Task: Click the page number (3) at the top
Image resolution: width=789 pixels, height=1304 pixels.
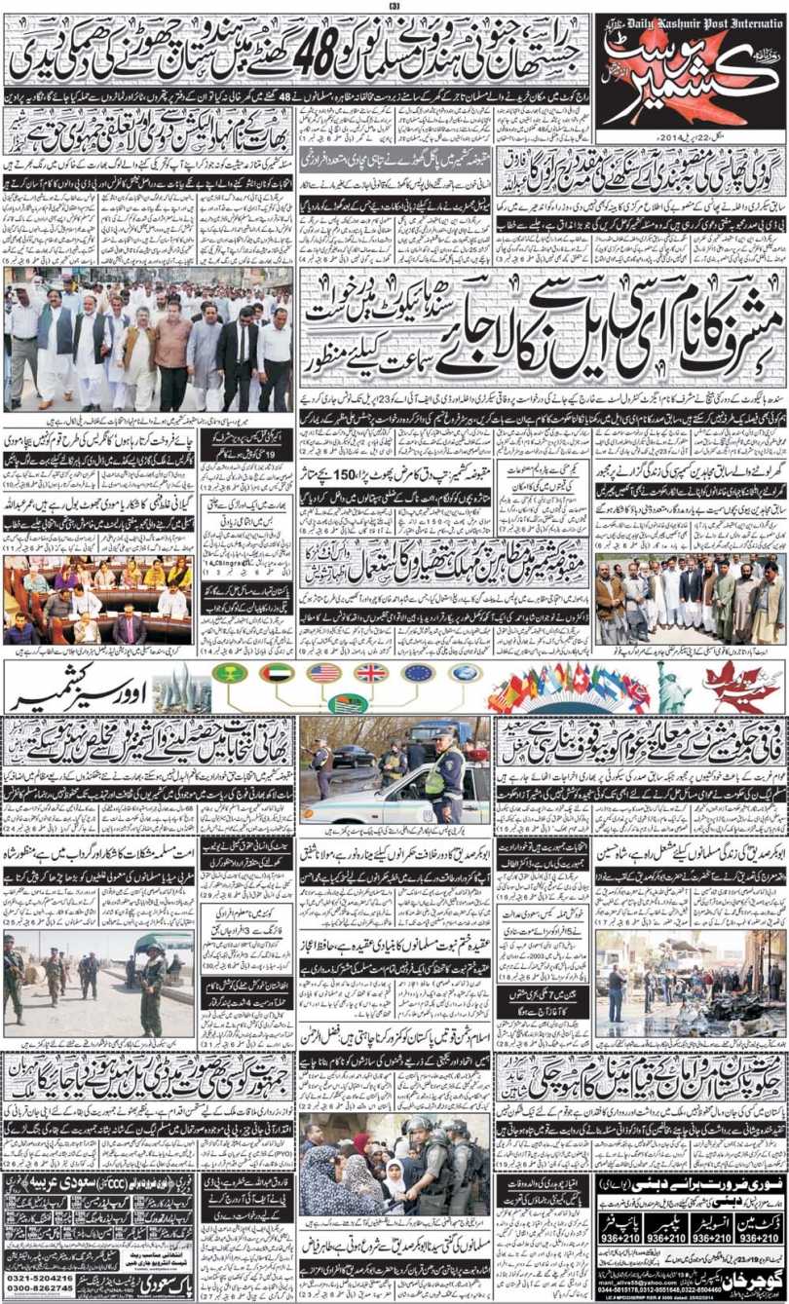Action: click(394, 6)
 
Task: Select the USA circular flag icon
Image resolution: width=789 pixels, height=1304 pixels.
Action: click(323, 673)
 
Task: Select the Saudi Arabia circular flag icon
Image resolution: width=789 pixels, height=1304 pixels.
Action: click(227, 673)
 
